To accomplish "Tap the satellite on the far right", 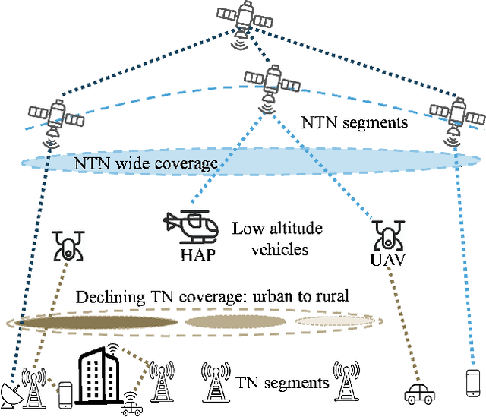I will point(455,113).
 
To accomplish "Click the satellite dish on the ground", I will point(12,391).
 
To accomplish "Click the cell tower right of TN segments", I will point(352,380).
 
